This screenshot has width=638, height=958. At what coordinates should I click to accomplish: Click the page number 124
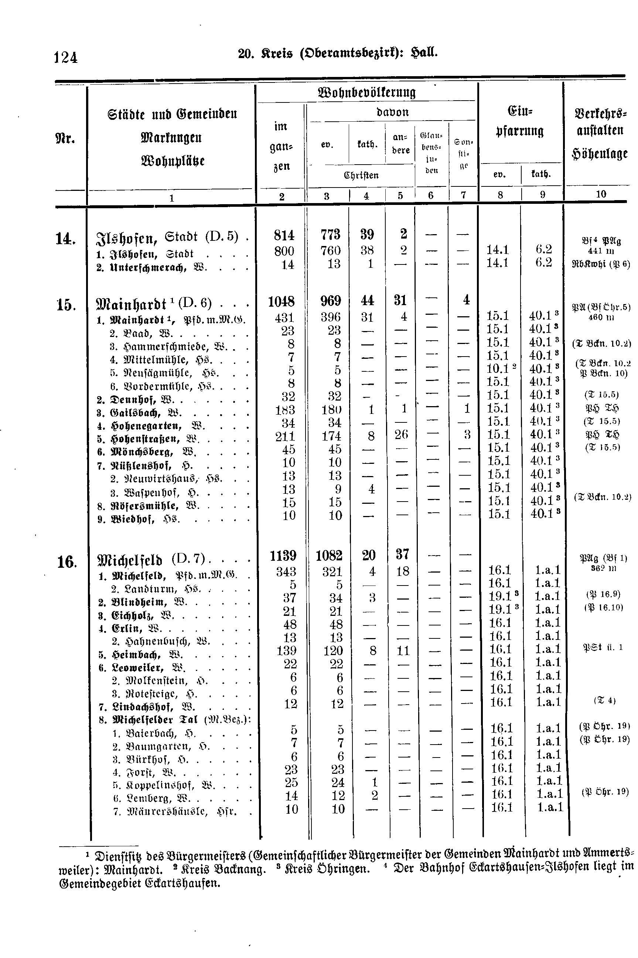coord(65,57)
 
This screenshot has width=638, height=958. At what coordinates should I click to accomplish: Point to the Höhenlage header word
coord(600,154)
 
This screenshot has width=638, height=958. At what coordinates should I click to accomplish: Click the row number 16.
coord(67,563)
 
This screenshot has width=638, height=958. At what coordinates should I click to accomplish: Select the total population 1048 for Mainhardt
coord(281,301)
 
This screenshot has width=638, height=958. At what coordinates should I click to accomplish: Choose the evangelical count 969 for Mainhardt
coord(330,301)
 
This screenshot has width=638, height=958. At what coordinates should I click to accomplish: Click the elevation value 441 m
coord(601,251)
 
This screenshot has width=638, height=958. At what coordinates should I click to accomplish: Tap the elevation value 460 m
coord(601,317)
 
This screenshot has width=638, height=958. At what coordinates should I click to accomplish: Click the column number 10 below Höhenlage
coord(601,194)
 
